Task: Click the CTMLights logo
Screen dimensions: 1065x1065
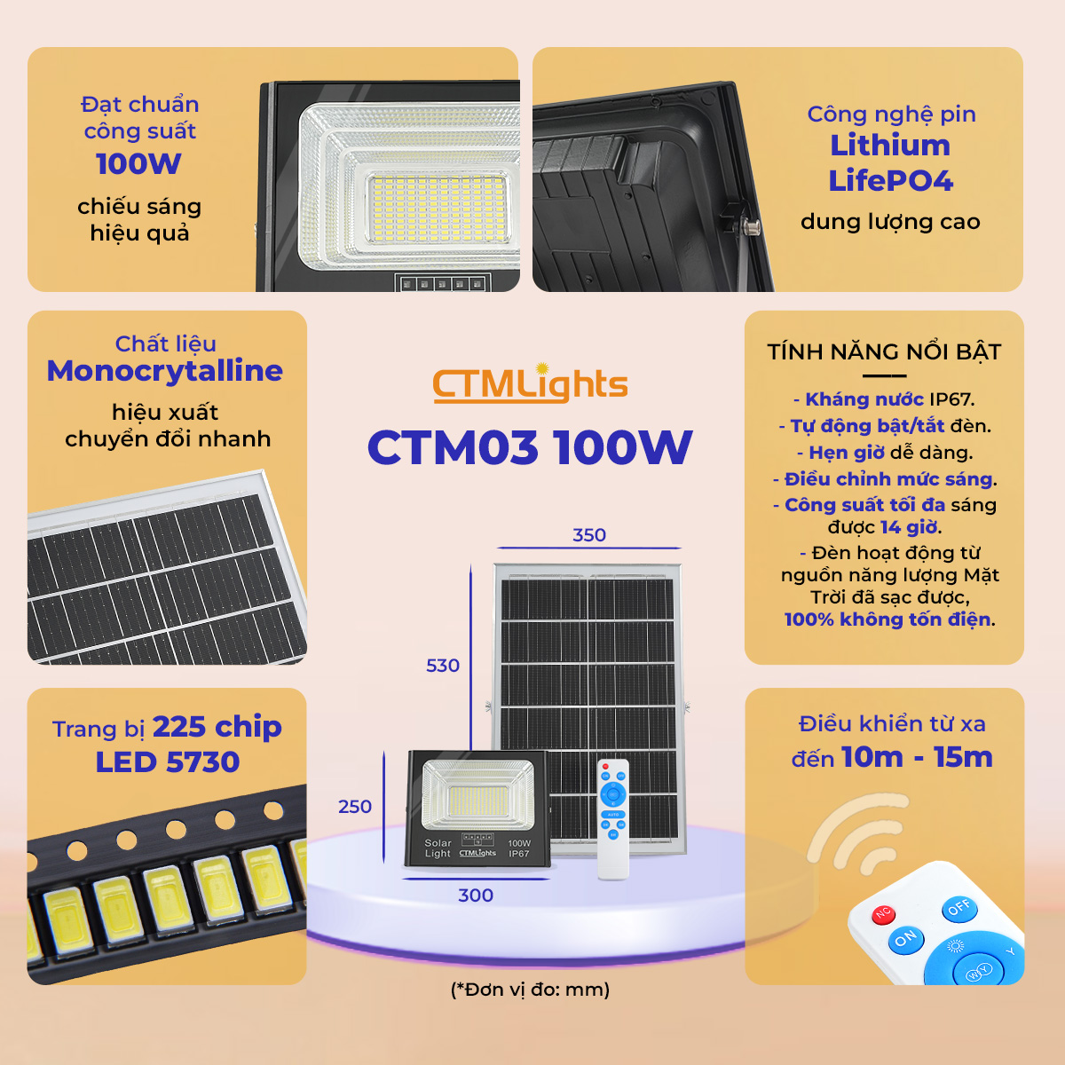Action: tap(530, 383)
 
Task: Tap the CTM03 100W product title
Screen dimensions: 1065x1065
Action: tap(530, 447)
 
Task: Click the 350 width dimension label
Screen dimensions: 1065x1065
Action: tap(589, 535)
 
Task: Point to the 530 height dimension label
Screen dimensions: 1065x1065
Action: tap(443, 666)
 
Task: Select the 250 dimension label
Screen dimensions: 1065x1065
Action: tap(355, 807)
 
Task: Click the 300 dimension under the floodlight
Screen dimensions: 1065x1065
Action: tap(476, 895)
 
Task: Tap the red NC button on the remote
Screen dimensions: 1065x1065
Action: tap(883, 913)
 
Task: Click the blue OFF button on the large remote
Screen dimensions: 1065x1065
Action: tap(959, 908)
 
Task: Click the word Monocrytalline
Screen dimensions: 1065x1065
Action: tap(165, 371)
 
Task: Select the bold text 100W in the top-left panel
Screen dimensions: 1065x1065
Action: tap(138, 163)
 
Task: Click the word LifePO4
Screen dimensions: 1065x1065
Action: tap(890, 181)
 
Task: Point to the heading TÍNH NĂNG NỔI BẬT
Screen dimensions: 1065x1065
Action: tap(884, 352)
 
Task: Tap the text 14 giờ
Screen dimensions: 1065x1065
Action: tap(909, 527)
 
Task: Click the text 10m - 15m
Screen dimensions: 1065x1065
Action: tap(918, 757)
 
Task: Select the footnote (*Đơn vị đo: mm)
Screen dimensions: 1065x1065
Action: tap(530, 990)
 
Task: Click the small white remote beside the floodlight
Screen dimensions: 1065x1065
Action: tap(613, 820)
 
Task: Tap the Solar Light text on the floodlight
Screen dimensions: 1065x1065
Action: tap(438, 848)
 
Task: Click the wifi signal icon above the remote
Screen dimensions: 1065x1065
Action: tap(856, 832)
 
